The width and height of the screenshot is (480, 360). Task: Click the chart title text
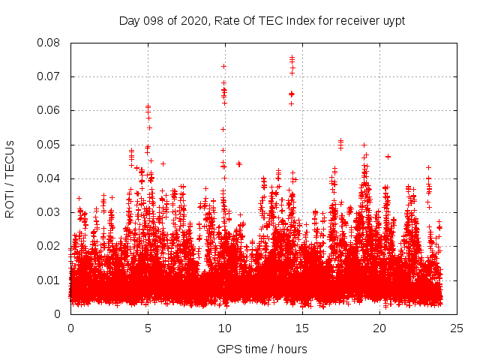tap(262, 20)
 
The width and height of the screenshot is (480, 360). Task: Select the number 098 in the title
tap(153, 20)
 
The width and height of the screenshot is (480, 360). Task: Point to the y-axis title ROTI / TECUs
tap(10, 178)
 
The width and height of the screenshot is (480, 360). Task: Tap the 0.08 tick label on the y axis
tap(51, 43)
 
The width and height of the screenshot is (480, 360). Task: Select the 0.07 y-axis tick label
tap(51, 76)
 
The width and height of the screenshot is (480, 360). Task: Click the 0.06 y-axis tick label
tap(51, 110)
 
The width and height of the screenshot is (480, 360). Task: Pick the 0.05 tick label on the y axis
tap(51, 144)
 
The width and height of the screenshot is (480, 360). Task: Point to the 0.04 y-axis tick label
tap(51, 178)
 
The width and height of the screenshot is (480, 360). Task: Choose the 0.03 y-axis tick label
tap(51, 212)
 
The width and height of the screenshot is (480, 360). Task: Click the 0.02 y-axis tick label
tap(51, 246)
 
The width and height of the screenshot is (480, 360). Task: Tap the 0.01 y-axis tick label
tap(51, 280)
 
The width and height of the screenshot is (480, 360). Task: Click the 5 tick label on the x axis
tap(148, 328)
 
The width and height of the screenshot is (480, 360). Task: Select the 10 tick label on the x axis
tap(226, 328)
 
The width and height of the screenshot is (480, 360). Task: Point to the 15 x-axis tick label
tap(303, 328)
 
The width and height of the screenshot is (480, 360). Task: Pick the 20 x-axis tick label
tap(380, 328)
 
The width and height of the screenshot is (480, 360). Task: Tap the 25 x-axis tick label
tap(457, 328)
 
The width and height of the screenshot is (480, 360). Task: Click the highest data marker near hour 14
tap(292, 57)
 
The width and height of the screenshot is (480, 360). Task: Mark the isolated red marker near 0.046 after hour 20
tap(388, 156)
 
